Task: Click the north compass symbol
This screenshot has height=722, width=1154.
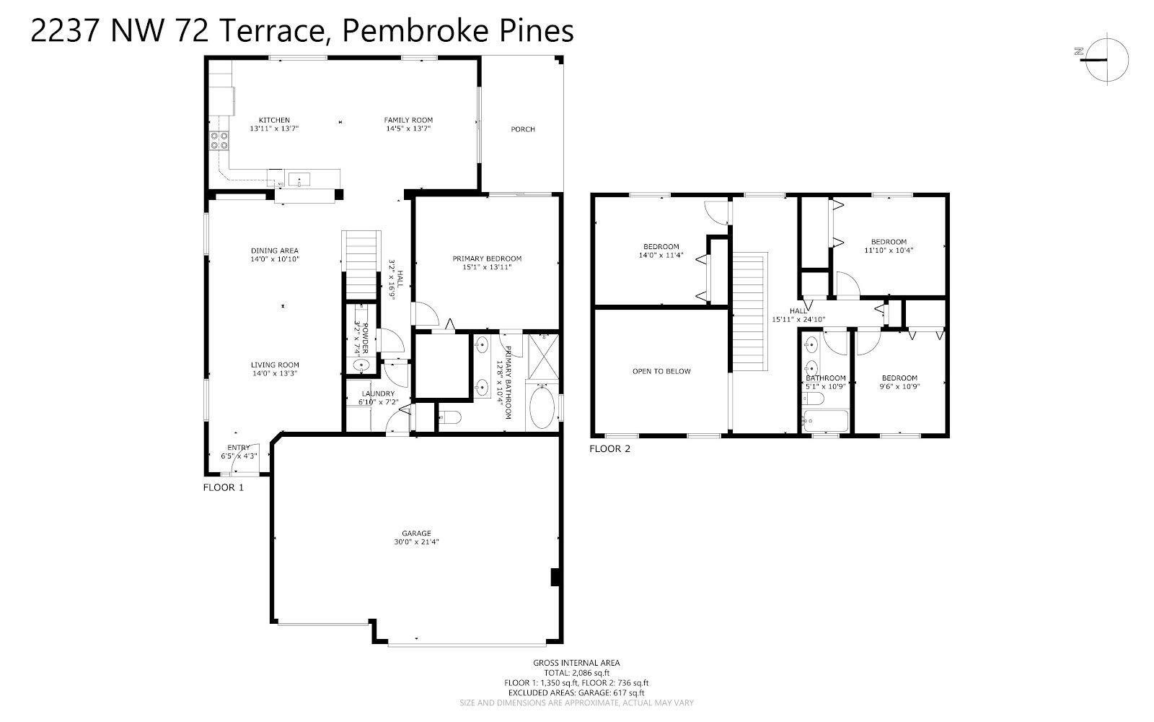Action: click(x=1106, y=60)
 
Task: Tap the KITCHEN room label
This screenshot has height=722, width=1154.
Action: click(x=274, y=120)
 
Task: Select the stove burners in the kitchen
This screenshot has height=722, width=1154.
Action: click(x=219, y=140)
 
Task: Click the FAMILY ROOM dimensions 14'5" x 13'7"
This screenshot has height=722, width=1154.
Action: click(x=408, y=129)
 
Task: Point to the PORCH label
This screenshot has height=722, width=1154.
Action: click(x=523, y=129)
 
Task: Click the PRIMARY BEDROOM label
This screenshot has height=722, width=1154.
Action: click(x=487, y=258)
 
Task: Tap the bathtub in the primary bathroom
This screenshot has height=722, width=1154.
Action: click(x=542, y=407)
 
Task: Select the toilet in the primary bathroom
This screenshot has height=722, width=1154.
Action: click(x=450, y=417)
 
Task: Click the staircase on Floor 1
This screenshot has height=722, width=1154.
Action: click(x=361, y=265)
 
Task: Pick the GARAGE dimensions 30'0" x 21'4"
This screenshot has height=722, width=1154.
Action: click(x=416, y=541)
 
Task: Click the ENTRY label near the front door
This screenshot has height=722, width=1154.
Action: click(x=239, y=447)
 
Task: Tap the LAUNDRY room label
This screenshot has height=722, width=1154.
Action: click(x=378, y=393)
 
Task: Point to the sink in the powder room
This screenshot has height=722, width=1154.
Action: click(x=361, y=365)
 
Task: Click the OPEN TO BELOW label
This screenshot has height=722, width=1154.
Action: click(x=661, y=371)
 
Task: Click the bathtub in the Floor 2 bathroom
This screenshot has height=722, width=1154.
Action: click(x=826, y=421)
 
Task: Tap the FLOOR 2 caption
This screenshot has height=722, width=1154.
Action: click(x=610, y=448)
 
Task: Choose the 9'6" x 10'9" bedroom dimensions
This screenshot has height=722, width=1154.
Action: click(x=899, y=386)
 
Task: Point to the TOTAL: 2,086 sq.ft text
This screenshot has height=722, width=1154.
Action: click(x=576, y=672)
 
